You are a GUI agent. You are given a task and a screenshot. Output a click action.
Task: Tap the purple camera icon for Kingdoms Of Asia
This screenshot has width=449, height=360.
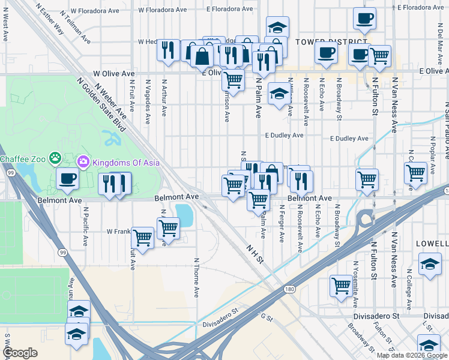[83, 161]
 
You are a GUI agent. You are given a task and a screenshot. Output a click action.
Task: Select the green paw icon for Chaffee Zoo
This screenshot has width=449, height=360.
[55, 158]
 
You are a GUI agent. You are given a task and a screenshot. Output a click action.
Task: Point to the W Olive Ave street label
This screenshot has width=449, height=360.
[113, 73]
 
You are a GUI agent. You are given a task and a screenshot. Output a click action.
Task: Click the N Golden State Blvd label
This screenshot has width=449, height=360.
[101, 105]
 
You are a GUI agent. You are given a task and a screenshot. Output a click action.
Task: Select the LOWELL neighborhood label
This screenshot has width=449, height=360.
[432, 244]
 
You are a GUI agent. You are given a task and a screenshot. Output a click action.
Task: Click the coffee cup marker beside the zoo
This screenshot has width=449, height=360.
[67, 178]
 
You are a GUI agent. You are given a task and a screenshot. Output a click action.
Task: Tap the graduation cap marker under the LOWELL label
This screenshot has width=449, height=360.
[430, 264]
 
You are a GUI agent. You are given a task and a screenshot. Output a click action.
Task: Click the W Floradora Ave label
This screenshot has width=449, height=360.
[163, 10]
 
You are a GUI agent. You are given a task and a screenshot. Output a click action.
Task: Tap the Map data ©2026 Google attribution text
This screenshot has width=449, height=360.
[412, 355]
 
